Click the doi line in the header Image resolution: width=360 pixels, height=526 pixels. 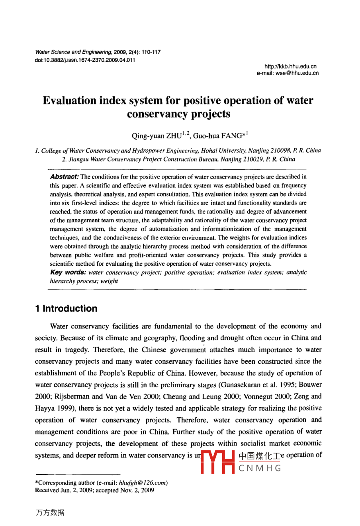tap(85, 60)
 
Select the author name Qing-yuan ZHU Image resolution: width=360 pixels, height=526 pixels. tap(156, 136)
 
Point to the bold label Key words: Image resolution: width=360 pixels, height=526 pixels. tap(68, 273)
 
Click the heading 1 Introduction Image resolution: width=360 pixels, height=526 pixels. tap(66, 308)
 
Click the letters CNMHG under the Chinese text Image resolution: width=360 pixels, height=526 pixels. tap(260, 468)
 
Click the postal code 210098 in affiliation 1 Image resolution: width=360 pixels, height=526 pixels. tap(278, 151)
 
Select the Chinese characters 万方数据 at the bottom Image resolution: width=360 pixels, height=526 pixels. tap(50, 513)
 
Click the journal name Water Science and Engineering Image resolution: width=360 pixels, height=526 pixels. tap(73, 52)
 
